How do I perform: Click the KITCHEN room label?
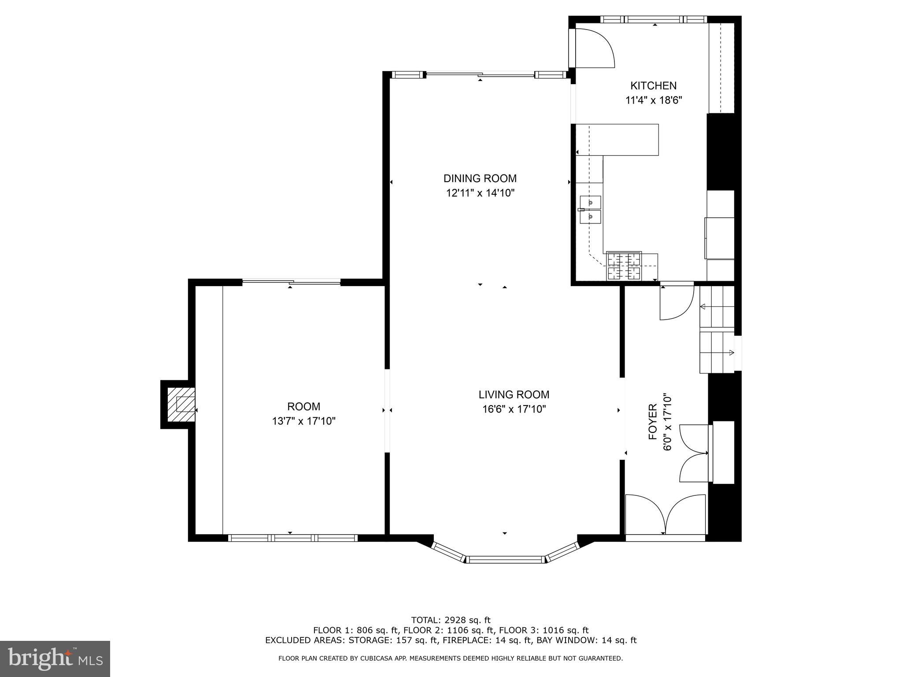(653, 86)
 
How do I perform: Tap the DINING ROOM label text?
(480, 179)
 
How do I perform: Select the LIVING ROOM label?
(514, 394)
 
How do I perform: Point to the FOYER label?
(653, 422)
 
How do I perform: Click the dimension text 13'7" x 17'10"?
(303, 421)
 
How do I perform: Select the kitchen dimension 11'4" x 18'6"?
(654, 100)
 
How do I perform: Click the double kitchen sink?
(590, 209)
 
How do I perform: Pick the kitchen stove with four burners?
(624, 266)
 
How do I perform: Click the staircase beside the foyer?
(717, 330)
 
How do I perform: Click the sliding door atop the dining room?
(480, 75)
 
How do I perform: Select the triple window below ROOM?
(292, 538)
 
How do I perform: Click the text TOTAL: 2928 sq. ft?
(451, 620)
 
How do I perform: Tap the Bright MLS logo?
(55, 658)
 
